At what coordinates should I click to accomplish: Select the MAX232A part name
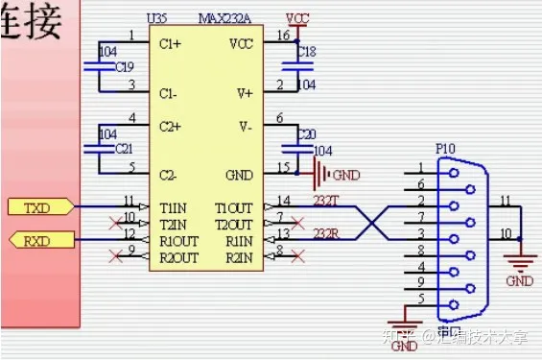[x=224, y=19]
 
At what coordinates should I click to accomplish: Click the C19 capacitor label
[x=125, y=67]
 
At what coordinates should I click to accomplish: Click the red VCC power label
[x=299, y=18]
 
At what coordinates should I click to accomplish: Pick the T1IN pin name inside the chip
[x=173, y=208]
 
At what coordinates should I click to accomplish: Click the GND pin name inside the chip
[x=241, y=175]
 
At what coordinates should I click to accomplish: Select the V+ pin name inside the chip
[x=244, y=92]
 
